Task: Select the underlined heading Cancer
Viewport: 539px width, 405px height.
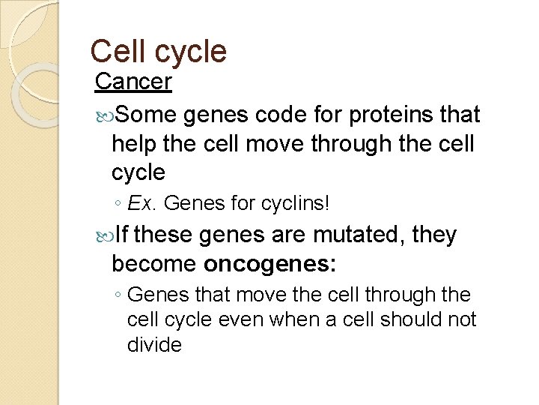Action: pyautogui.click(x=134, y=82)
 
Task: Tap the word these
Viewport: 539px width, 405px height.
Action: pyautogui.click(x=168, y=235)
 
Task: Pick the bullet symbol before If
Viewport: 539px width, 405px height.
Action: pyautogui.click(x=103, y=236)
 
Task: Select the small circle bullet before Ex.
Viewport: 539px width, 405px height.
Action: pyautogui.click(x=120, y=203)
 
